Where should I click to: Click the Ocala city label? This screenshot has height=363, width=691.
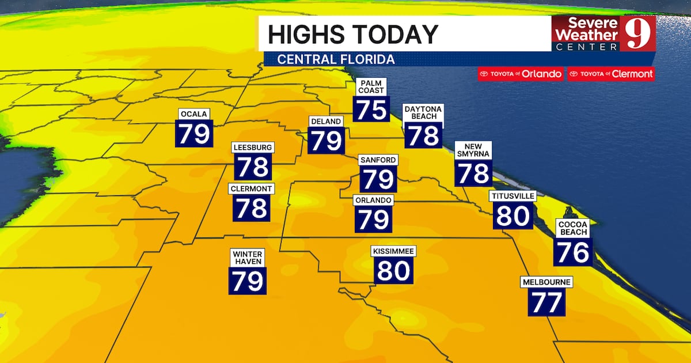click(x=193, y=114)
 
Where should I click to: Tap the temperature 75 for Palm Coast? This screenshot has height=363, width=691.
click(x=371, y=109)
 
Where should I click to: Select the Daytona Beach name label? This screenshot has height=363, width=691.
click(x=423, y=112)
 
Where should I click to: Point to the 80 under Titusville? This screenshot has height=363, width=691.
click(x=512, y=216)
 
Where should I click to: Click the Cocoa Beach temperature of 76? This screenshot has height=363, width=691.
click(x=573, y=252)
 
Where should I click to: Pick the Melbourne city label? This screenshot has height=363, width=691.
click(x=546, y=282)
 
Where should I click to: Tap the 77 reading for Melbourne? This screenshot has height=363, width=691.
click(x=546, y=302)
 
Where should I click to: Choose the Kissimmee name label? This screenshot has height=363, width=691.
click(x=394, y=251)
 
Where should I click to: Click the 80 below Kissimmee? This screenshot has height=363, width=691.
click(x=394, y=270)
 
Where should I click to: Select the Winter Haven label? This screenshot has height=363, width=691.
click(x=248, y=258)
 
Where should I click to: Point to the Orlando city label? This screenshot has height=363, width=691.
click(x=374, y=200)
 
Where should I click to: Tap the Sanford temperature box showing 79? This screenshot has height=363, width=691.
click(x=378, y=179)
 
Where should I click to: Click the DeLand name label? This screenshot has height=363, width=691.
click(x=326, y=122)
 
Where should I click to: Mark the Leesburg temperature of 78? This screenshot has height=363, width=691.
click(x=253, y=167)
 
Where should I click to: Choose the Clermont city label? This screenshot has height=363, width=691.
click(x=252, y=188)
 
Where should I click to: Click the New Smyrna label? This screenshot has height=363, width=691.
click(x=473, y=150)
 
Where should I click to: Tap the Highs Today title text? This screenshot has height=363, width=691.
click(x=352, y=34)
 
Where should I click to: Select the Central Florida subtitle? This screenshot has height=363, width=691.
click(x=336, y=59)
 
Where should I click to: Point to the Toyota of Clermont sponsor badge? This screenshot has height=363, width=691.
click(x=610, y=74)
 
